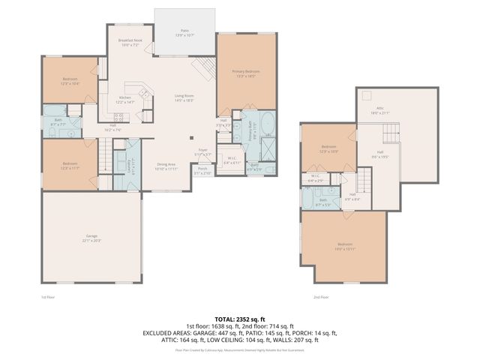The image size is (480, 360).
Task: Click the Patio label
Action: click(184, 33)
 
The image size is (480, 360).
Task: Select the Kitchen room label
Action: click(125, 99)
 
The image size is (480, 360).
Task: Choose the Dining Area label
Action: click(166, 166)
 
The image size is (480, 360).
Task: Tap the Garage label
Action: click(91, 238)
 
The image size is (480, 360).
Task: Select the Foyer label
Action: click(202, 152)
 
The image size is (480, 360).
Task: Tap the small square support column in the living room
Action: click(191, 137)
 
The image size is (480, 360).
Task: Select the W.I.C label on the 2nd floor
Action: click(314, 178)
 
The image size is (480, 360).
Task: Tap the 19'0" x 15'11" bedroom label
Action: click(344, 246)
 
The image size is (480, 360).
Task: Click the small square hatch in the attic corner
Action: click(366, 94)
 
